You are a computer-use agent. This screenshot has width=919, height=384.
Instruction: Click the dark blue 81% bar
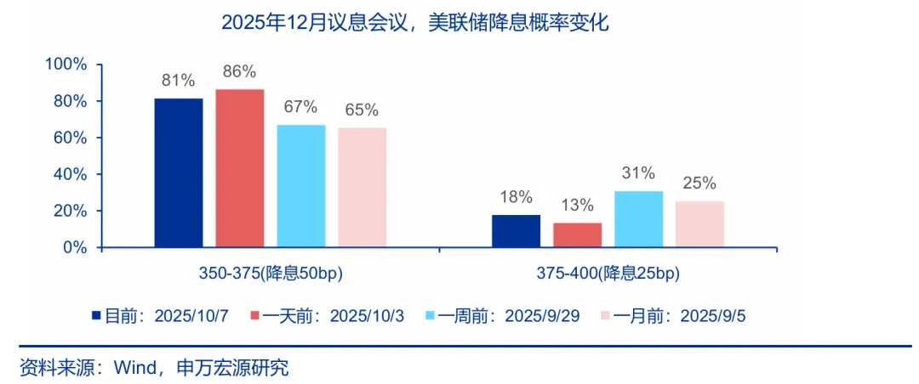(x=179, y=173)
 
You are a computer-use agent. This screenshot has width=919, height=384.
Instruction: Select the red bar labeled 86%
(x=240, y=168)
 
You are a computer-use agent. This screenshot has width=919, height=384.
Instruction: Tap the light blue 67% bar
(x=301, y=186)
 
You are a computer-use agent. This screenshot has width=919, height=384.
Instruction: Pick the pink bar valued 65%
(x=362, y=188)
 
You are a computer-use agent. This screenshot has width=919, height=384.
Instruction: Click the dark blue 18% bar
(x=516, y=231)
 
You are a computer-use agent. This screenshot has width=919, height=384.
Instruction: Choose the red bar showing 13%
(x=577, y=235)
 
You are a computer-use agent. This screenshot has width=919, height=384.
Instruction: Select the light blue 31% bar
(x=638, y=219)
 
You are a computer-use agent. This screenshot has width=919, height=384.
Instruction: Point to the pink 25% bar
(x=699, y=224)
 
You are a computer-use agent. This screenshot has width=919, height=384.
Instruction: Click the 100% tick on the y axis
(x=66, y=65)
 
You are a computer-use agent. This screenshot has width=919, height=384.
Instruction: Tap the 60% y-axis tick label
(x=69, y=138)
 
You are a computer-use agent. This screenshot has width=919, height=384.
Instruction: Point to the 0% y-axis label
(x=75, y=247)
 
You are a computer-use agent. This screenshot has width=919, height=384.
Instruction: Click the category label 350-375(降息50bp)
(x=271, y=274)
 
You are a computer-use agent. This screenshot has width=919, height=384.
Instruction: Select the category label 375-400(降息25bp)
(x=608, y=274)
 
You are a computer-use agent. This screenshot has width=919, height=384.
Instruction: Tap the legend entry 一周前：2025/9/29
(x=511, y=316)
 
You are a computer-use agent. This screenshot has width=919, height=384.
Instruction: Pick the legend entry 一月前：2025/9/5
(x=680, y=316)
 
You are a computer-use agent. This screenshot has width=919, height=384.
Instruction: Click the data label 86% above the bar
(x=240, y=72)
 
